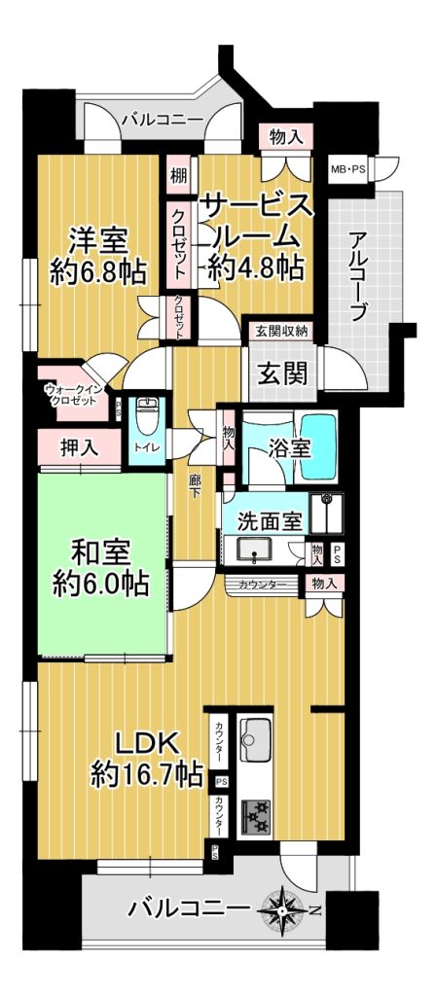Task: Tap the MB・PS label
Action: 346,169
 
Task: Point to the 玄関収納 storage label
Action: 282,331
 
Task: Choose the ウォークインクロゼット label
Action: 70,395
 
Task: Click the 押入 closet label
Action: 80,447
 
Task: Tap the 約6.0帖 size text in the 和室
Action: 100,582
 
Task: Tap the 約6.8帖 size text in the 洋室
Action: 98,272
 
